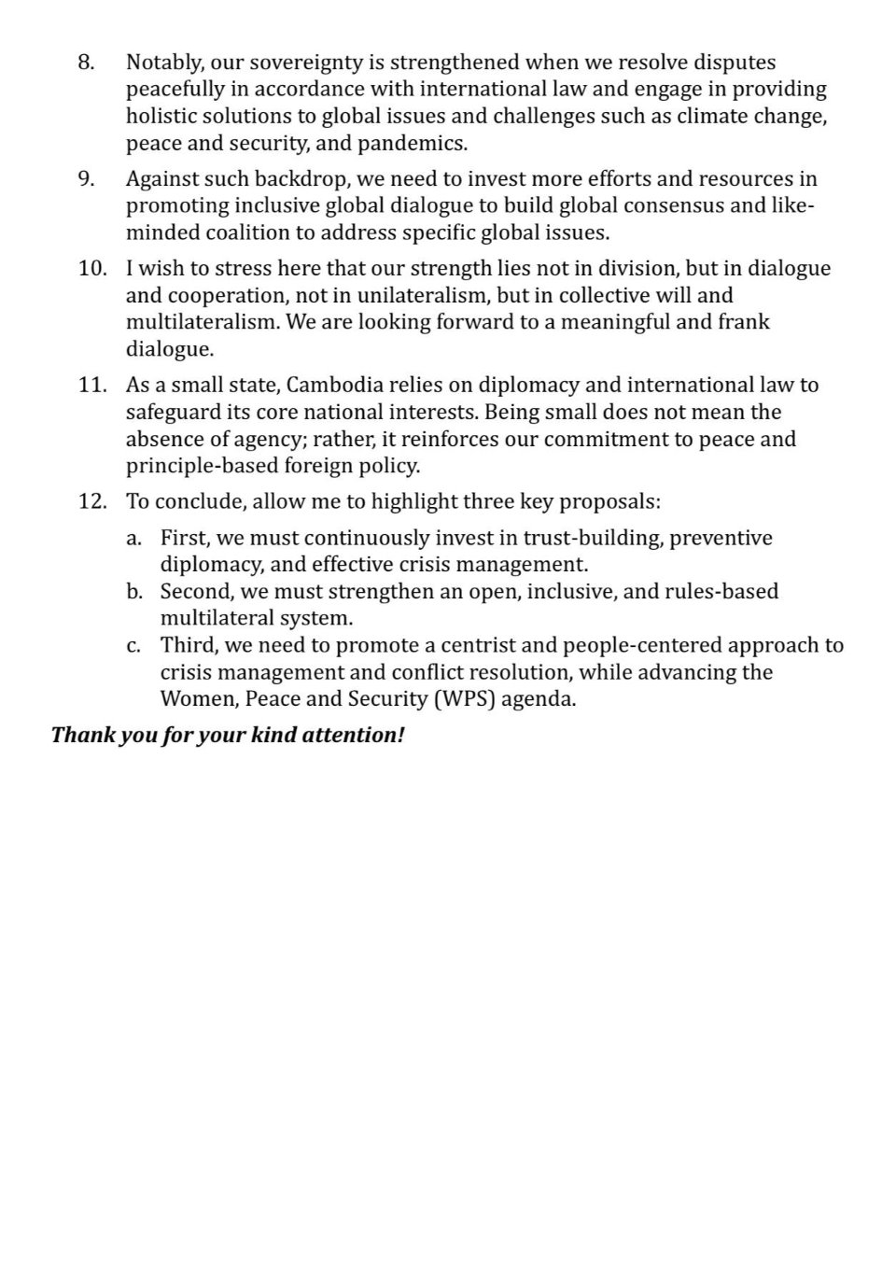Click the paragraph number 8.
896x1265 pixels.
point(86,63)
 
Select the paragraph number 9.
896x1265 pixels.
point(86,179)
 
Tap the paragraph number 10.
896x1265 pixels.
point(91,269)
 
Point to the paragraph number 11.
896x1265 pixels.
point(91,386)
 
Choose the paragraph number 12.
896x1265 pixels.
point(91,502)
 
